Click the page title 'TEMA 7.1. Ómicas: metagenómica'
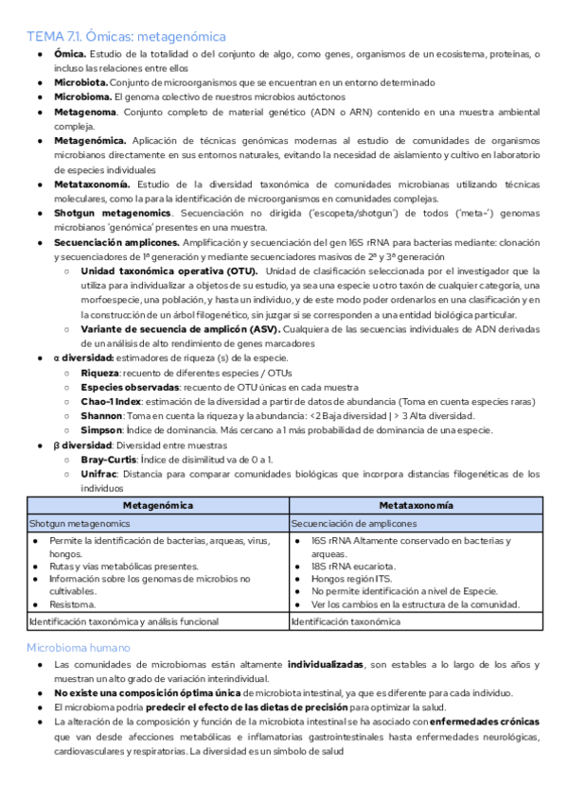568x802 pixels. (126, 37)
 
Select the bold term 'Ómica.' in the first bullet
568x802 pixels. (70, 55)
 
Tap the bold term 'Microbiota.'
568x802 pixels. (81, 82)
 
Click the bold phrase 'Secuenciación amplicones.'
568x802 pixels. (114, 242)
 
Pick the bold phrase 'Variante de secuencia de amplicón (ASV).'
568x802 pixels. (180, 328)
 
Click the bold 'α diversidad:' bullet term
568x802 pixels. (84, 358)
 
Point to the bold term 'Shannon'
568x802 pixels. (102, 415)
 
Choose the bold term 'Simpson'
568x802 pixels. (102, 429)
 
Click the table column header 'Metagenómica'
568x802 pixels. (157, 505)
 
